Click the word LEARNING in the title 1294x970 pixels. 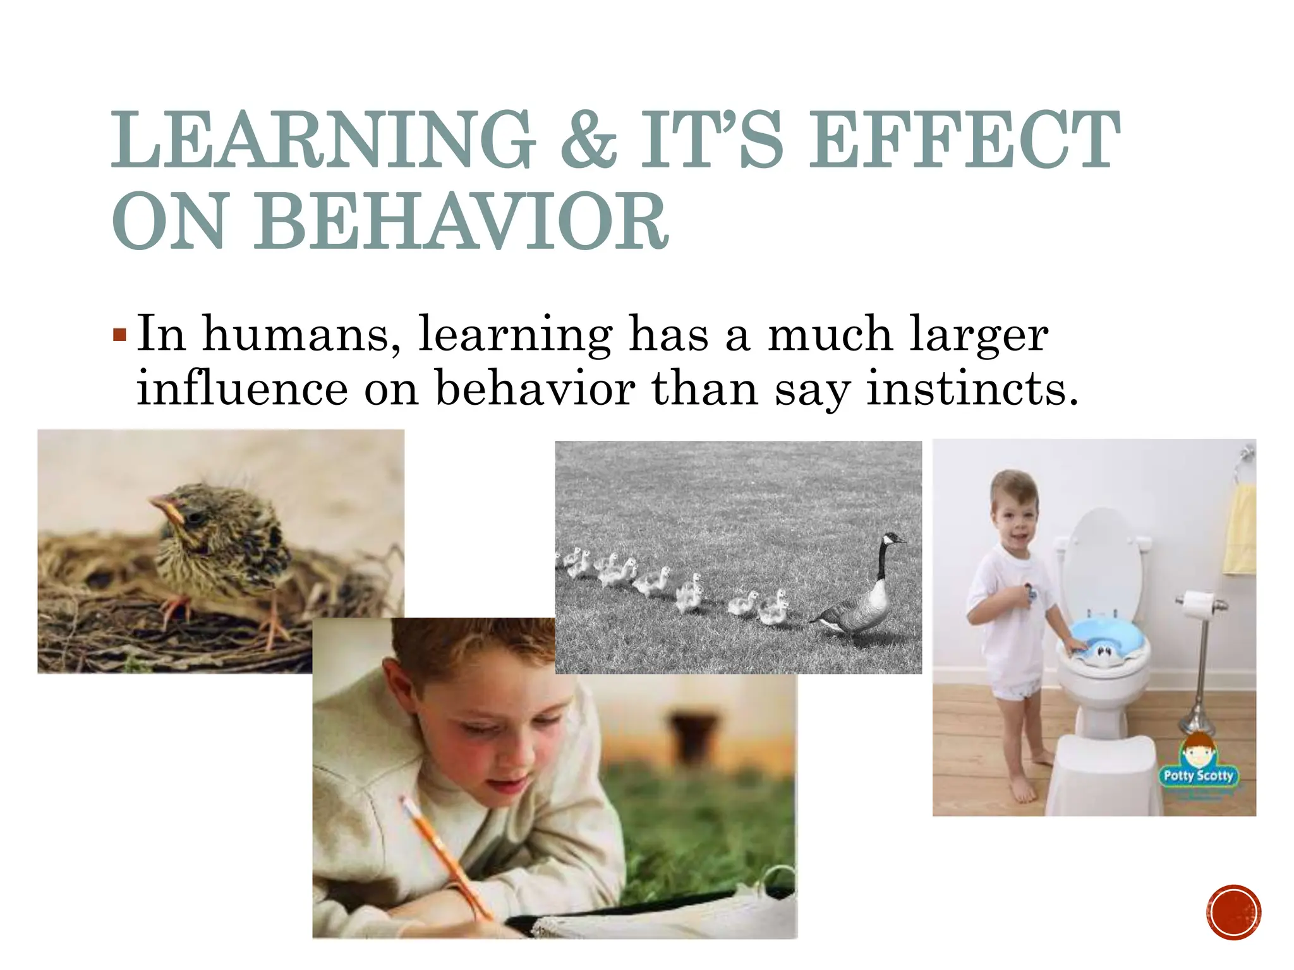click(323, 140)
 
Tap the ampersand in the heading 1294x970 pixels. click(588, 140)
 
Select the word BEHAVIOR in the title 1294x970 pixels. click(461, 222)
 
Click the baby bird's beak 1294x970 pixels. click(166, 506)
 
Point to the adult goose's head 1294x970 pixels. click(892, 539)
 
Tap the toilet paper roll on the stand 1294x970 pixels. click(1199, 604)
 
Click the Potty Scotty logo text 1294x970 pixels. click(1198, 775)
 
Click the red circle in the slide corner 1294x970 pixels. click(1233, 913)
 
